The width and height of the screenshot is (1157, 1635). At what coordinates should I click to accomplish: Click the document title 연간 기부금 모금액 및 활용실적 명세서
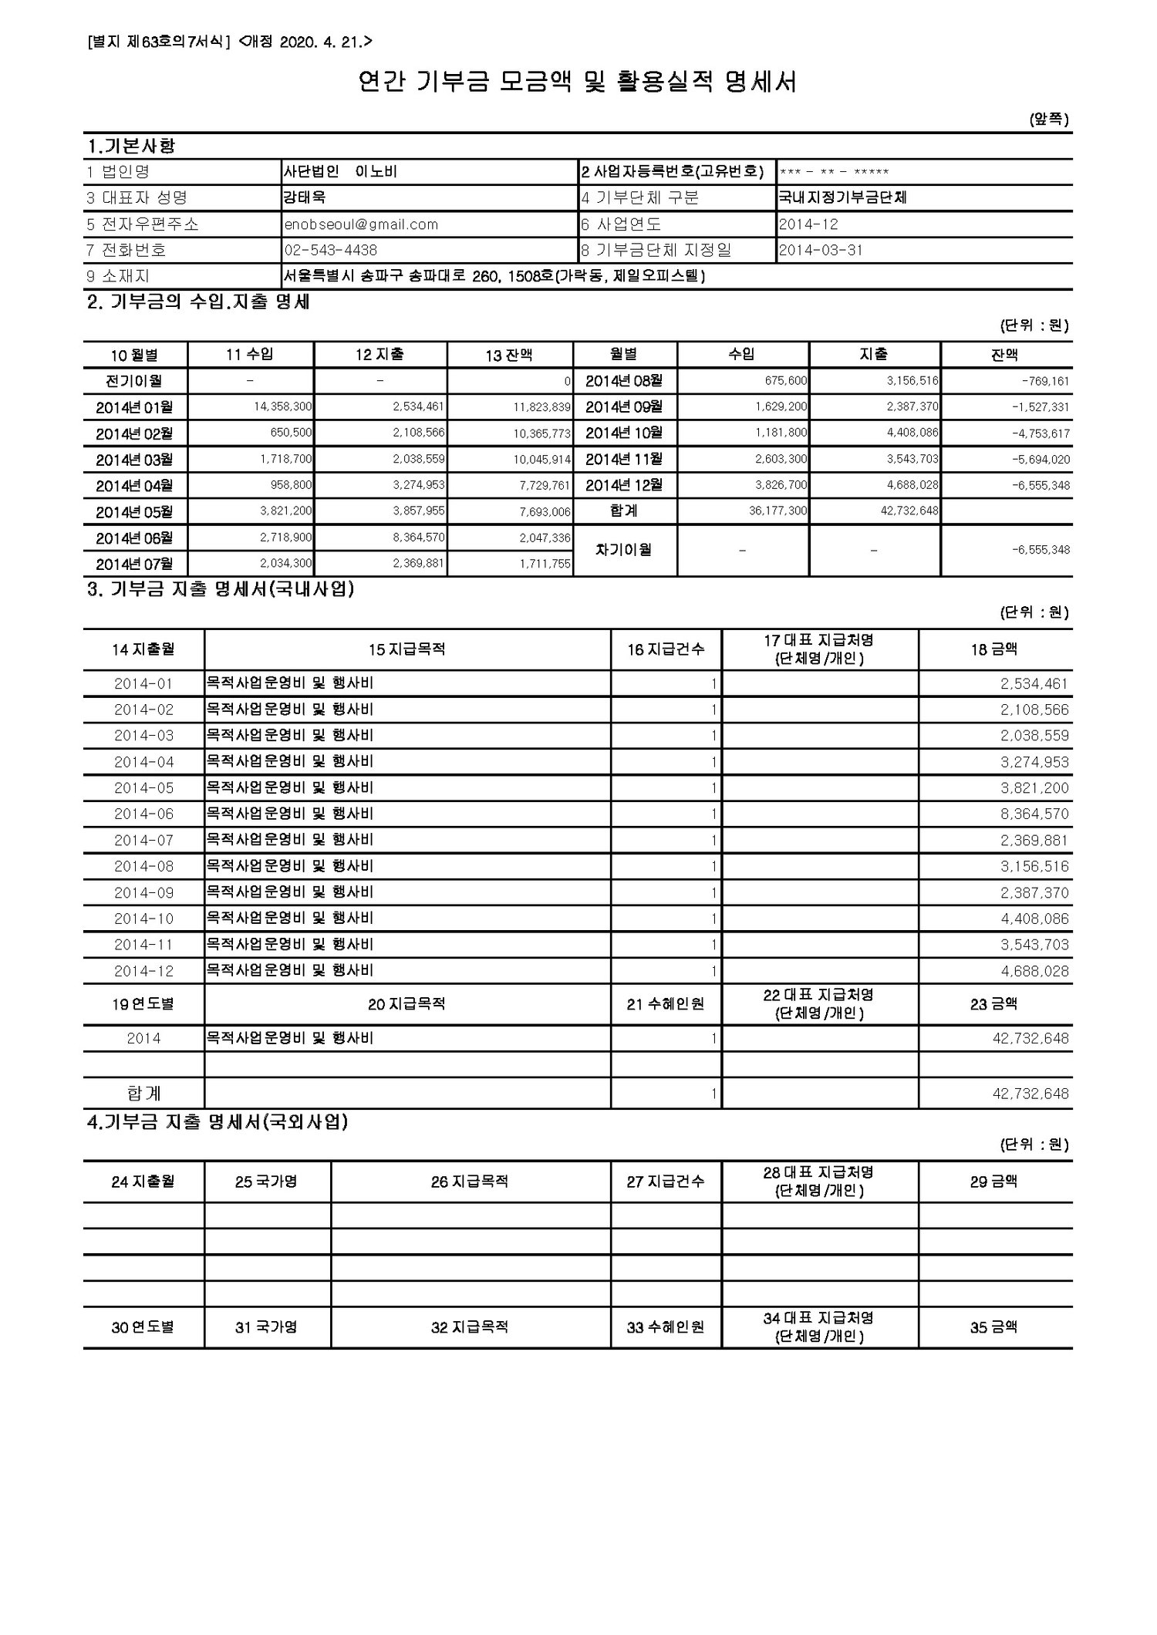pyautogui.click(x=577, y=82)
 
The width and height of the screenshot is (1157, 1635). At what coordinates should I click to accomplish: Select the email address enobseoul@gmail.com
pyautogui.click(x=361, y=224)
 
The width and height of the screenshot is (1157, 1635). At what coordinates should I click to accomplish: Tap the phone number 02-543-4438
pyautogui.click(x=331, y=251)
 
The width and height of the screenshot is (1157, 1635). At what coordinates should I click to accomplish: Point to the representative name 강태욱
pyautogui.click(x=305, y=197)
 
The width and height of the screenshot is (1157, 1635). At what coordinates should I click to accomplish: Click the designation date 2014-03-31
pyautogui.click(x=821, y=251)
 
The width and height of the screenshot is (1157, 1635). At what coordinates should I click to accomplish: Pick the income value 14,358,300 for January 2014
pyautogui.click(x=282, y=406)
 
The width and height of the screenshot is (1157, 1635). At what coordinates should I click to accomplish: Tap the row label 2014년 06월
pyautogui.click(x=135, y=538)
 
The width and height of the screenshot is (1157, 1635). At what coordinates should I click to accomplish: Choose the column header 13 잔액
pyautogui.click(x=509, y=355)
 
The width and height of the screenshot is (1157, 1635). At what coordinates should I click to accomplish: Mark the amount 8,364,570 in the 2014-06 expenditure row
pyautogui.click(x=1034, y=814)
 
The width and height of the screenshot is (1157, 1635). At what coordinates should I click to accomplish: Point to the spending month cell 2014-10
pyautogui.click(x=143, y=919)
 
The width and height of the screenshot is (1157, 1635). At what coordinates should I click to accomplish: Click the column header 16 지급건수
pyautogui.click(x=666, y=649)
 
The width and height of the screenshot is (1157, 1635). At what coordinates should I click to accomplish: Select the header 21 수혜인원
pyautogui.click(x=666, y=1004)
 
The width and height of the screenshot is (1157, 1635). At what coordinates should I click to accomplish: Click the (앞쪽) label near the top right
pyautogui.click(x=1049, y=120)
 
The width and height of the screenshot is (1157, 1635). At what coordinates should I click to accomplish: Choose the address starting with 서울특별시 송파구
pyautogui.click(x=494, y=276)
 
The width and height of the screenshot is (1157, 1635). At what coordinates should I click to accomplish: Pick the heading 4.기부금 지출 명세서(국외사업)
pyautogui.click(x=217, y=1123)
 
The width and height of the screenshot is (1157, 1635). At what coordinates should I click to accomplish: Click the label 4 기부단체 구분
pyautogui.click(x=640, y=197)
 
